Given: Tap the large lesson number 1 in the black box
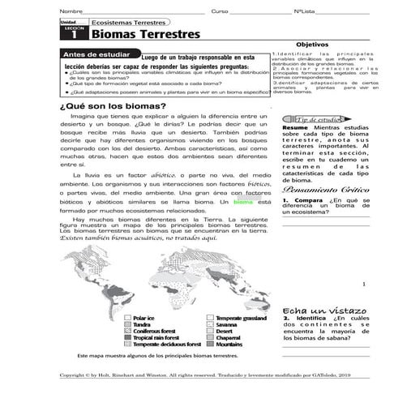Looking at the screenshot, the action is (x=74, y=36).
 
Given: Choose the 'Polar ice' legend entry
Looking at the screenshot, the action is (x=143, y=318).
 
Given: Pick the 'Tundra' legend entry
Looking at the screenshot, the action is (x=141, y=324).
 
